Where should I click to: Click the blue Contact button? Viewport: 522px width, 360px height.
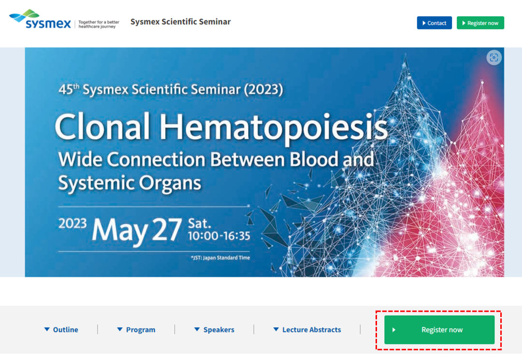(x=434, y=23)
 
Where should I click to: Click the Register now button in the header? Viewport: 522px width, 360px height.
(x=480, y=23)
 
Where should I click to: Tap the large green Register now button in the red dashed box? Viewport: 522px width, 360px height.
(x=439, y=330)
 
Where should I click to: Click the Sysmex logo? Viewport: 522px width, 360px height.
(x=40, y=19)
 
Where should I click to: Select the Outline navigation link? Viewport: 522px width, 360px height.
(x=61, y=330)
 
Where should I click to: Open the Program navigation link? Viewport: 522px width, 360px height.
(x=136, y=330)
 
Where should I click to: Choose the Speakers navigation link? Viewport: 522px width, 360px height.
(x=214, y=330)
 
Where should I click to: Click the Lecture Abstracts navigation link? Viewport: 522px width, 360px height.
(x=307, y=330)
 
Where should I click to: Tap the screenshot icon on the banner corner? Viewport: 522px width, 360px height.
(x=493, y=58)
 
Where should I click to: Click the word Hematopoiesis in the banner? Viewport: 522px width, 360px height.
(x=273, y=128)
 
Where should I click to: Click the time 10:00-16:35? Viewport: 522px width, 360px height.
(x=219, y=235)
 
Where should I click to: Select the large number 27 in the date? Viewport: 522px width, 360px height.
(x=167, y=230)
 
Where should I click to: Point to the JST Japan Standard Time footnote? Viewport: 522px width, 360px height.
(x=220, y=258)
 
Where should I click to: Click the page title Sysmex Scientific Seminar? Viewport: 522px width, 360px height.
(x=180, y=22)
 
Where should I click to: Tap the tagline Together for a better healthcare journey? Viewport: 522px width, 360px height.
(x=99, y=24)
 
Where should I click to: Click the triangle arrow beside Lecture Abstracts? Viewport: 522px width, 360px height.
(x=276, y=330)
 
